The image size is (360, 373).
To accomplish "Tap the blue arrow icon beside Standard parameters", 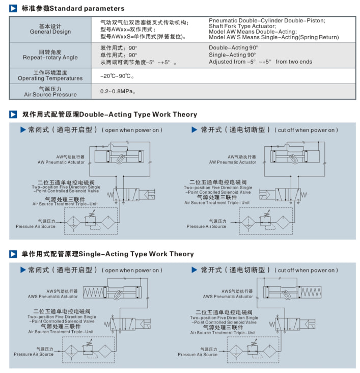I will click(x=13, y=9).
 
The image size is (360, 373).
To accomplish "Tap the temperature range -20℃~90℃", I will click(x=117, y=76).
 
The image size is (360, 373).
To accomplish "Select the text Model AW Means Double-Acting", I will click(x=252, y=32).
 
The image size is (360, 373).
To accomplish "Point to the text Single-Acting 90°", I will click(x=232, y=55).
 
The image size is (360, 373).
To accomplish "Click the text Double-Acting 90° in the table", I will click(x=233, y=47).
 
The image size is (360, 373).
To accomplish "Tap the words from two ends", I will click(x=294, y=62).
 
